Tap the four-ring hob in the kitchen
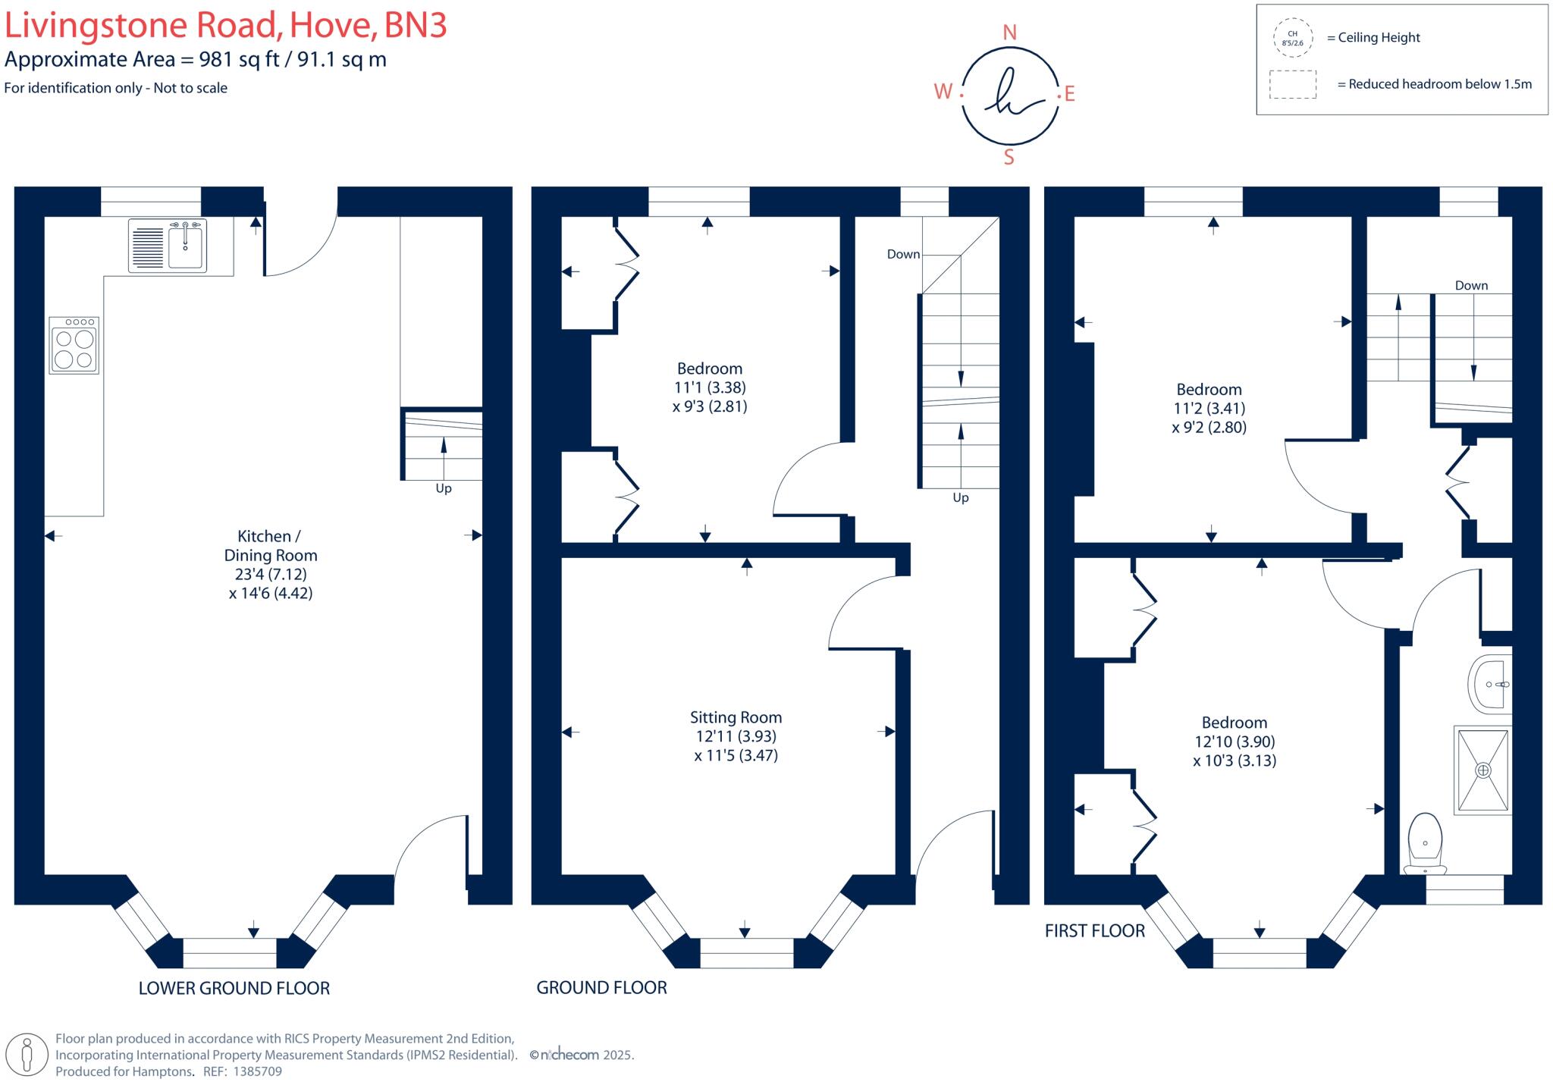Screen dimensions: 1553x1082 pyautogui.click(x=74, y=345)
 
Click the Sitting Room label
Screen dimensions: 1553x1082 pyautogui.click(x=736, y=717)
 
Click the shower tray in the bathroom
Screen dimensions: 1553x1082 pyautogui.click(x=1482, y=770)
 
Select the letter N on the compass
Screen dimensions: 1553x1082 pyautogui.click(x=1009, y=33)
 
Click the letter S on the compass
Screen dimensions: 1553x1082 pyautogui.click(x=1009, y=157)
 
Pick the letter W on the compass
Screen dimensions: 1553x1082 pyautogui.click(x=943, y=92)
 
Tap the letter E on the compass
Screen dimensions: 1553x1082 pyautogui.click(x=1070, y=94)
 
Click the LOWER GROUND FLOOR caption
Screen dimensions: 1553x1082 pyautogui.click(x=234, y=988)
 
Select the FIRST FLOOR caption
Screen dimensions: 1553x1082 pyautogui.click(x=1094, y=930)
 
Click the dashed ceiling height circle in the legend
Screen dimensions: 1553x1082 pyautogui.click(x=1292, y=38)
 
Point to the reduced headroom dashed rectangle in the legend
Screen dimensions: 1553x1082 pyautogui.click(x=1293, y=84)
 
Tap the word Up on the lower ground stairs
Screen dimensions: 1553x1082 pyautogui.click(x=444, y=488)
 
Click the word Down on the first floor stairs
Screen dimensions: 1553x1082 pyautogui.click(x=1471, y=285)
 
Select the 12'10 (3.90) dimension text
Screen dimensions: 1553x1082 pyautogui.click(x=1235, y=742)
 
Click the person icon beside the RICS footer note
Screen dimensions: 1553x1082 pyautogui.click(x=28, y=1054)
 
